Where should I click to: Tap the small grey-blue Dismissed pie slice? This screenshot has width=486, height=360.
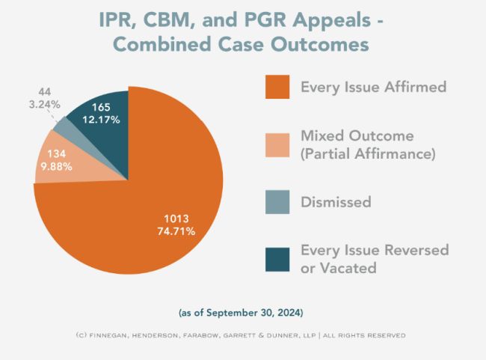click(x=61, y=128)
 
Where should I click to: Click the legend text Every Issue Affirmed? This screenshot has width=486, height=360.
click(x=373, y=87)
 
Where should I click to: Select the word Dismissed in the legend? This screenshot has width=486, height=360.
click(x=336, y=202)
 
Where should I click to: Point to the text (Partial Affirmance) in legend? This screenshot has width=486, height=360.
click(x=367, y=154)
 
